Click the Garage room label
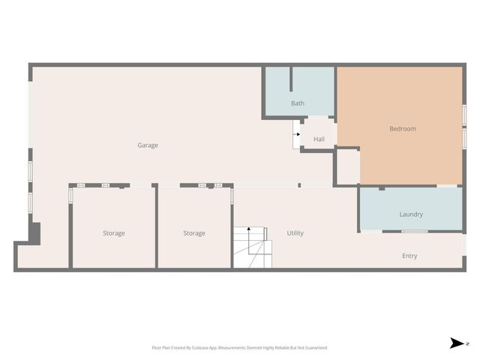(x=148, y=145)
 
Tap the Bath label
(x=298, y=103)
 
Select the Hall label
(x=319, y=139)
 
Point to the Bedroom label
(x=402, y=129)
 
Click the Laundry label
(x=410, y=214)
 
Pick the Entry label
(x=409, y=256)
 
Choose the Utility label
(x=295, y=233)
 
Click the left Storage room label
(x=114, y=233)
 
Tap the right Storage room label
(x=194, y=233)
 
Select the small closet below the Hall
(x=346, y=166)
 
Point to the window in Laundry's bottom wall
(x=414, y=231)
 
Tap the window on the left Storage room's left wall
(x=71, y=196)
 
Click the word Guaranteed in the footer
(x=314, y=348)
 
